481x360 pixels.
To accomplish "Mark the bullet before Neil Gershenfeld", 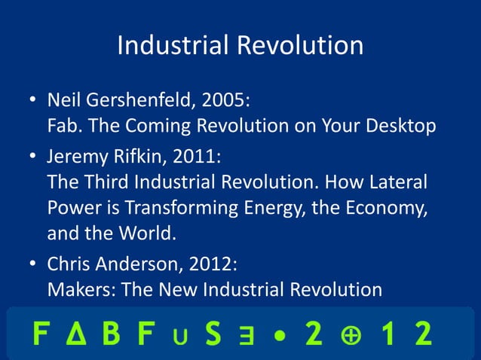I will pyautogui.click(x=33, y=101).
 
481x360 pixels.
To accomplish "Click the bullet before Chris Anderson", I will pyautogui.click(x=33, y=265).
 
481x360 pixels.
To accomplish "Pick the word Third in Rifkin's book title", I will pyautogui.click(x=105, y=183).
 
